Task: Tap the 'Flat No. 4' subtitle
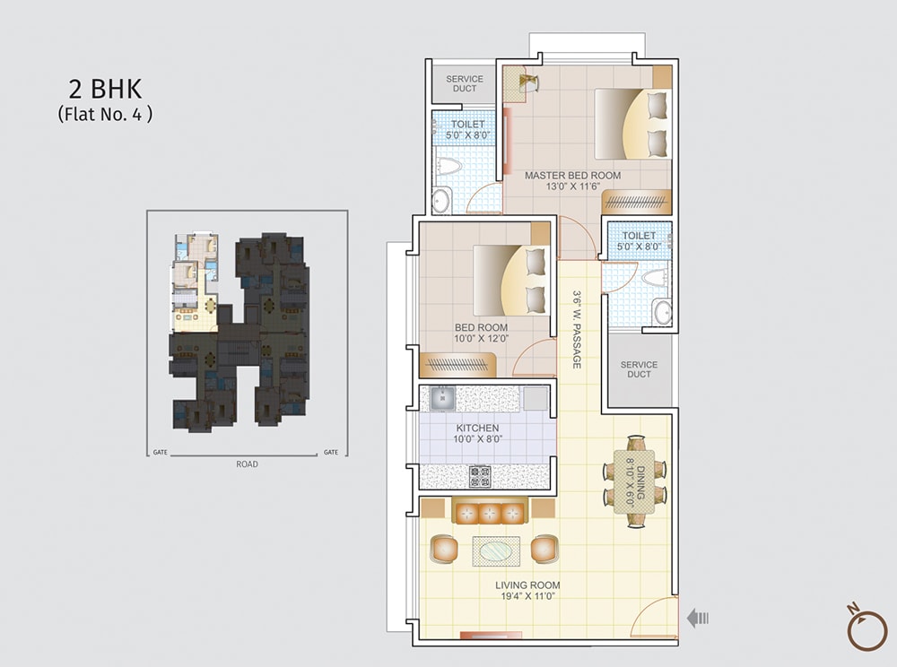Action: pos(105,114)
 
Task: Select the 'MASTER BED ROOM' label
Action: pos(572,176)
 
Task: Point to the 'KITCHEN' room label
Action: pos(477,429)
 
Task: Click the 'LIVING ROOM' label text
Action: pos(528,585)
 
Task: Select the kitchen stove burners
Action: pos(480,475)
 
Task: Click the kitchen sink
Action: pos(442,397)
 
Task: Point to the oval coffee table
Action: pos(496,550)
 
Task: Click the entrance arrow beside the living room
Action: pos(698,617)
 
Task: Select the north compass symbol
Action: pos(867,628)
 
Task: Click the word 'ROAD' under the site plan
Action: pos(247,464)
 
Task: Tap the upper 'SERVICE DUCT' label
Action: pos(465,84)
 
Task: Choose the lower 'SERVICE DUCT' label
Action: pos(639,369)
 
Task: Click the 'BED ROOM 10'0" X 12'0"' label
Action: pos(481,333)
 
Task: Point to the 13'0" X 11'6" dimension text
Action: pos(572,187)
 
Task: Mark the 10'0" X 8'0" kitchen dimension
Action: pos(477,440)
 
